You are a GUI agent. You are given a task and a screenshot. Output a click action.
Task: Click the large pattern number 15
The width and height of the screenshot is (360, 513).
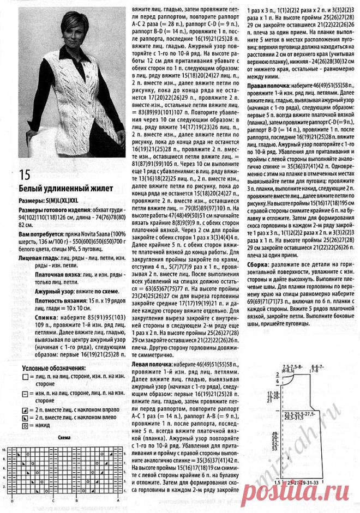[23, 176]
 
